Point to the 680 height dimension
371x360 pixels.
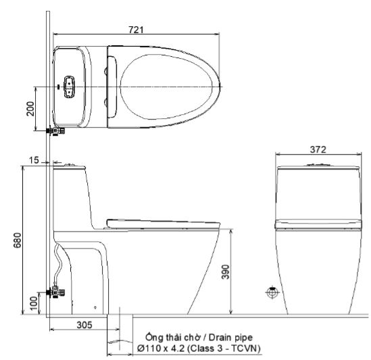18,241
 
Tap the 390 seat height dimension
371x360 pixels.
234,272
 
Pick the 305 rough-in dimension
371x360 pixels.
83,325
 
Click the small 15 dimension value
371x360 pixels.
34,161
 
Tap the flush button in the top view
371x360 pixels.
69,86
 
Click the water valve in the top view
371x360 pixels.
55,129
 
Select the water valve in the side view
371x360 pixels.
56,293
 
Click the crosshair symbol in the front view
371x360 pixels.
272,292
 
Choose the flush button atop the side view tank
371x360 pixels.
68,163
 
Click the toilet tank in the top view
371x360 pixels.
71,87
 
